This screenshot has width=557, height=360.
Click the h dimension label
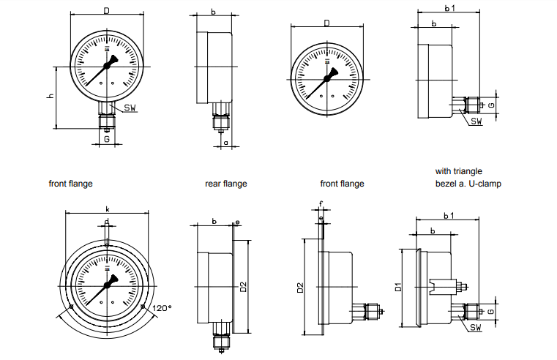51,97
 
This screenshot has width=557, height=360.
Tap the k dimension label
108,209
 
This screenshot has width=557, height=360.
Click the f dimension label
321,205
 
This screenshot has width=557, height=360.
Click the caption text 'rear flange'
225,184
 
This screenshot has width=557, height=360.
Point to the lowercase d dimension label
107,221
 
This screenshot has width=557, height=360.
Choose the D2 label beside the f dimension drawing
300,288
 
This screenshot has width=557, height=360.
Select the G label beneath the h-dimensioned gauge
107,138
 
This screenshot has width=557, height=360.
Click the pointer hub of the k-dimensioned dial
108,282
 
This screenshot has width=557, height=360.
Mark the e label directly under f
321,217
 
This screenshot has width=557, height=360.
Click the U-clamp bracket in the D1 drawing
441,284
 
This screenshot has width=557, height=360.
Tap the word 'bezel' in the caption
446,183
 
